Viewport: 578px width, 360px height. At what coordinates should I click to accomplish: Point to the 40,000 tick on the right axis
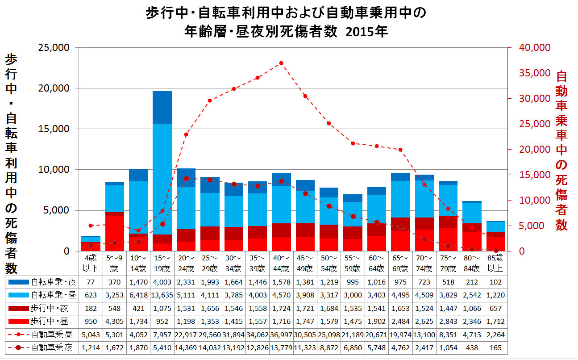[530, 48]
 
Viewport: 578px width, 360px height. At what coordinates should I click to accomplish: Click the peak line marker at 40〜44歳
[281, 63]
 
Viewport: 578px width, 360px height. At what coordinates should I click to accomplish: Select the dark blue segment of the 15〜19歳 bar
[162, 107]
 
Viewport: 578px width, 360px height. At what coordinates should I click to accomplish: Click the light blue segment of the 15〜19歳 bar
[162, 179]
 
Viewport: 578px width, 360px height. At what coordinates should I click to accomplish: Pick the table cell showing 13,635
[162, 295]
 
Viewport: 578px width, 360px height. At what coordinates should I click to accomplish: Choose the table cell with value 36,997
[281, 335]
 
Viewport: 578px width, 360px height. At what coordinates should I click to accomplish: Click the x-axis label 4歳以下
[91, 264]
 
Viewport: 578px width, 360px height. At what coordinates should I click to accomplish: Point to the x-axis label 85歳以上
[495, 264]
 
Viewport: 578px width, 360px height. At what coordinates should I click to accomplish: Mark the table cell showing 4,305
[114, 322]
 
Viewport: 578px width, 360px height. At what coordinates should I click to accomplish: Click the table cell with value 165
[495, 347]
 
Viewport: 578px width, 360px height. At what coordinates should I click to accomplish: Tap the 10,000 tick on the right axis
[530, 200]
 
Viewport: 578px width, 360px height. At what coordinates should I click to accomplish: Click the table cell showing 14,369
[186, 347]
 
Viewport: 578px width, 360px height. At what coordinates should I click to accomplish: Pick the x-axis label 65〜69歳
[400, 264]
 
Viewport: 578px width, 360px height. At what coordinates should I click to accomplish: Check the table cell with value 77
[91, 282]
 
